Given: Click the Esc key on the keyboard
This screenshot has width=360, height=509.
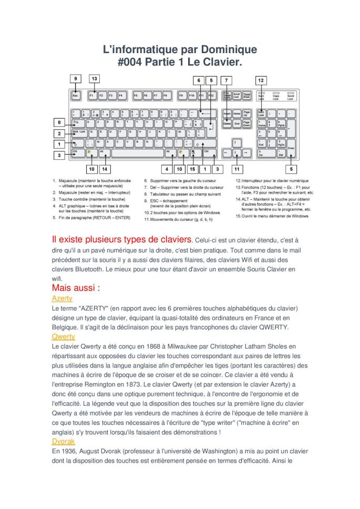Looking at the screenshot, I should pos(76,96).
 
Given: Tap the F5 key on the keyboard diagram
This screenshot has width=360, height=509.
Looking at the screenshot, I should pos(136,96).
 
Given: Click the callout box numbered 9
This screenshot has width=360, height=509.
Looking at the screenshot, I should pos(76,79).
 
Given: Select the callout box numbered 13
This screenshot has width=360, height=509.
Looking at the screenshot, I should pos(94,79).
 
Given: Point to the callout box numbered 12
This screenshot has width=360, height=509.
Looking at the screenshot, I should pos(261,80).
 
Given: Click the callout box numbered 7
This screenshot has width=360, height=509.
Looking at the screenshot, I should pos(226,80).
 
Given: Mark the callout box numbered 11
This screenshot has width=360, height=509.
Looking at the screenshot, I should pos(236,169).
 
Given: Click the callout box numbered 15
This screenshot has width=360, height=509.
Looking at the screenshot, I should pos(192,169).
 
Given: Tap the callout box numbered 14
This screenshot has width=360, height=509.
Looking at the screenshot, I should pos(105,169).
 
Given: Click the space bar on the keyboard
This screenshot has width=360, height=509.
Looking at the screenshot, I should pos(136,152).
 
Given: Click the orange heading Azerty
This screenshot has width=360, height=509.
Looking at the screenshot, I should pos(62,298).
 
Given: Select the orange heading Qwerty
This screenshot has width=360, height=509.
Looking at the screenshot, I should pos(63,336).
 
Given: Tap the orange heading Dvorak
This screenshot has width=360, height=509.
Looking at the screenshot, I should pos(63,442).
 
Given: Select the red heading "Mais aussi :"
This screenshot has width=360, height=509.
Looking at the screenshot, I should pos(76,288).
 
